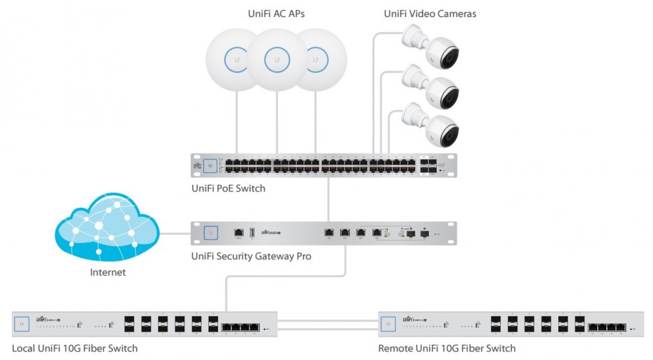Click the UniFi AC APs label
[x=277, y=13]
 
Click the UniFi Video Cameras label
[x=430, y=13]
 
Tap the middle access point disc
[x=277, y=60]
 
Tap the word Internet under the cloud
[x=108, y=272]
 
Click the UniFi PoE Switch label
[x=228, y=188]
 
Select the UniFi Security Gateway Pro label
[x=251, y=256]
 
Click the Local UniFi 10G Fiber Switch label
[x=74, y=348]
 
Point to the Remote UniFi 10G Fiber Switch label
[x=447, y=348]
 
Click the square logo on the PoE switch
[x=210, y=166]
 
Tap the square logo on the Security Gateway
[x=210, y=232]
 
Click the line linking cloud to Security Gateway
[x=175, y=233]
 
